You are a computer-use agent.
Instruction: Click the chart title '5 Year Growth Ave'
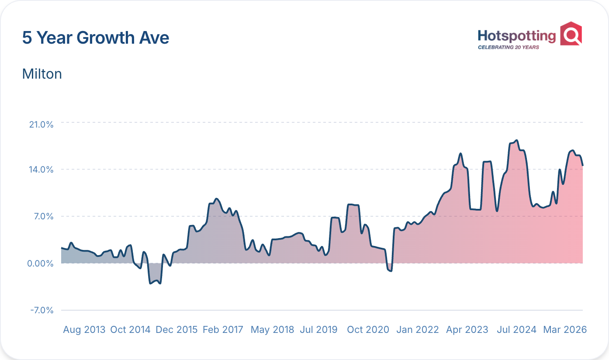coord(96,38)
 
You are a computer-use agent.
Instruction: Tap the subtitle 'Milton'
coord(42,74)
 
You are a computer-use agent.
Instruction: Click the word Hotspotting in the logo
coord(516,36)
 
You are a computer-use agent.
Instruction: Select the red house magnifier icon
coord(571,33)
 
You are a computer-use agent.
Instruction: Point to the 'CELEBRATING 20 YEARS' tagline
coord(508,47)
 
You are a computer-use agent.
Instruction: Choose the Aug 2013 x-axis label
coord(84,330)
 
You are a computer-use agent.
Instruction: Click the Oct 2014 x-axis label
coord(130,330)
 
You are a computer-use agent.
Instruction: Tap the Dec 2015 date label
coord(177,330)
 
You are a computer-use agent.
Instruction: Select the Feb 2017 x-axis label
coord(223,330)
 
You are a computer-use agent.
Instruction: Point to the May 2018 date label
coord(273,330)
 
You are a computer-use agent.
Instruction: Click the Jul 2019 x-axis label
coord(318,330)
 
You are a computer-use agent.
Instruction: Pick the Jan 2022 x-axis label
coord(417,330)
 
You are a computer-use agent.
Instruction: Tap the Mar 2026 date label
coord(564,330)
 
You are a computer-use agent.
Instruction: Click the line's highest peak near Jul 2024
coord(516,141)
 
